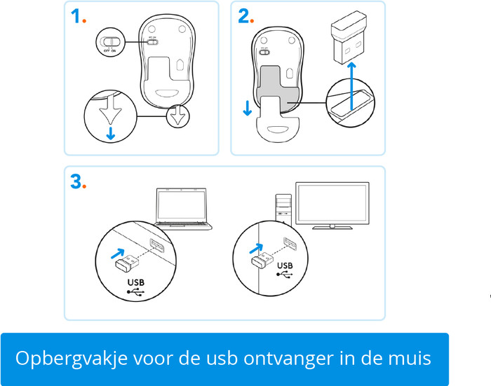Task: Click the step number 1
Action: tap(75, 16)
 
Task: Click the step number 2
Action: tap(243, 16)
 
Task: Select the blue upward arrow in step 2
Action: tap(351, 76)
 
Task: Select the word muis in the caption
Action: tap(412, 359)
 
